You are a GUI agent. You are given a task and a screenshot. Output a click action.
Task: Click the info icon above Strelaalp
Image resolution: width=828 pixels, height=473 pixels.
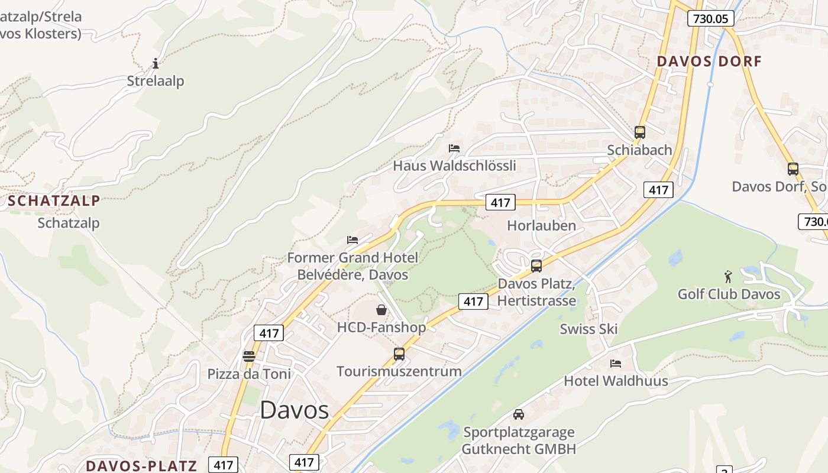pyautogui.click(x=156, y=63)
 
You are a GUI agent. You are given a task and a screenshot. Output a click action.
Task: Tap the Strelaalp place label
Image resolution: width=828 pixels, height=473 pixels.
pyautogui.click(x=156, y=81)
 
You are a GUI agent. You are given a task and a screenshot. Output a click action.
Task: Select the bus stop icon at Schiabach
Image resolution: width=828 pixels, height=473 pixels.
pyautogui.click(x=639, y=132)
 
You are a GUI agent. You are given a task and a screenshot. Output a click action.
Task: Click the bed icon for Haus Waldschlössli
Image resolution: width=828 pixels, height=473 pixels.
pyautogui.click(x=454, y=148)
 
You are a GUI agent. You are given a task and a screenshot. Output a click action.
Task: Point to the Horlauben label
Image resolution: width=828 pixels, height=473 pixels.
pyautogui.click(x=541, y=225)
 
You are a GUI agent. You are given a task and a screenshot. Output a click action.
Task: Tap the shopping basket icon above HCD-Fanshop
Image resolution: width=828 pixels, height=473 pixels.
pyautogui.click(x=381, y=309)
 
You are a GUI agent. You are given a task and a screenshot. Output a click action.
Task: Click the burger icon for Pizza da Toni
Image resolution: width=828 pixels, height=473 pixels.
pyautogui.click(x=248, y=357)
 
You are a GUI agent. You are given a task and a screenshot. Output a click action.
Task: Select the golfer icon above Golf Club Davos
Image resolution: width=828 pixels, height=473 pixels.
pyautogui.click(x=728, y=276)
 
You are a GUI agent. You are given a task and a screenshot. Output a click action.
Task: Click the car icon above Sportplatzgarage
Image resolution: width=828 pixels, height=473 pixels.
pyautogui.click(x=519, y=414)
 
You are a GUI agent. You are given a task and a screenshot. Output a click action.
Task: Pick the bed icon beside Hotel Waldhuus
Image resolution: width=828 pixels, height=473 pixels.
pyautogui.click(x=616, y=363)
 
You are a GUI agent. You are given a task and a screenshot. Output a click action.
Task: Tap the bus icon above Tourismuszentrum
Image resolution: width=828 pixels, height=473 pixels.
pyautogui.click(x=399, y=354)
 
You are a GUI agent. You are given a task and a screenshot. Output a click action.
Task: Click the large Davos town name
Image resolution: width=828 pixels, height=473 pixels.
pyautogui.click(x=294, y=410)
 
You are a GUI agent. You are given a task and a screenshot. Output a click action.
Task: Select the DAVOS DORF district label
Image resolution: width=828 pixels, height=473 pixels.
pyautogui.click(x=709, y=61)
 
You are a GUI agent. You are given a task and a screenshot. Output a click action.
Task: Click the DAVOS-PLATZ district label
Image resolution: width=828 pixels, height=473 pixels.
pyautogui.click(x=141, y=465)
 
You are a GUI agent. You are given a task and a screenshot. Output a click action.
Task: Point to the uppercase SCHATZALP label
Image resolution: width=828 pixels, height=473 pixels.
pyautogui.click(x=54, y=200)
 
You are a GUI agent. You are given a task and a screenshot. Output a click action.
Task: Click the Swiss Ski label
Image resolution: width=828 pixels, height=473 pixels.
pyautogui.click(x=588, y=329)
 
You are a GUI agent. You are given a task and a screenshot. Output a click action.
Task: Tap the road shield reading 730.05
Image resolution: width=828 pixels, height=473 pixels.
pyautogui.click(x=710, y=18)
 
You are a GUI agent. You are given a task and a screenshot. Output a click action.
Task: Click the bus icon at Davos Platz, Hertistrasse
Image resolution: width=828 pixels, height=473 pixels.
pyautogui.click(x=536, y=265)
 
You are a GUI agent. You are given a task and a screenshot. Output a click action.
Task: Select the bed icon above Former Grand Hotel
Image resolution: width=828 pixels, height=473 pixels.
pyautogui.click(x=352, y=240)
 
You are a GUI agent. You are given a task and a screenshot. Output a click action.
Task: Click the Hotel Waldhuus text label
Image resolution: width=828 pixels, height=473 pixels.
pyautogui.click(x=616, y=381)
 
